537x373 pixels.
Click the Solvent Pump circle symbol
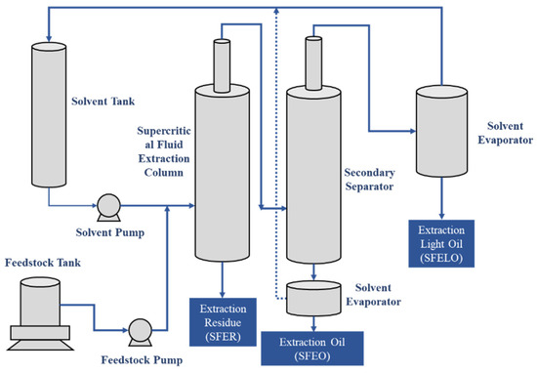tap(108, 205)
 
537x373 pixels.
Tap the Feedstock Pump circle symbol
tap(140, 330)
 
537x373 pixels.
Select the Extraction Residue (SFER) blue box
tap(223, 322)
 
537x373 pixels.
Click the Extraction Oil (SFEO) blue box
tap(312, 349)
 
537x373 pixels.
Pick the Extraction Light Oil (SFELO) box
tap(441, 243)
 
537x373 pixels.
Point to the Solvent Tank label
tap(103, 102)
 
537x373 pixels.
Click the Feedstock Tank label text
tap(43, 263)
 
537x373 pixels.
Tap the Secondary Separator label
tap(369, 180)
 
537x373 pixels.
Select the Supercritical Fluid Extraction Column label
tap(164, 151)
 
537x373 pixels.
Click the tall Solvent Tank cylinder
tap(49, 115)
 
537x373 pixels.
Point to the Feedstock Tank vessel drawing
tap(40, 313)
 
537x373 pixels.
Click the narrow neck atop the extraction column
tap(222, 65)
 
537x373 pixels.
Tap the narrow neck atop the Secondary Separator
tap(313, 63)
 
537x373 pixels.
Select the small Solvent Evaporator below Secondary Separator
tap(313, 299)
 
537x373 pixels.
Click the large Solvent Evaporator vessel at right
tap(441, 131)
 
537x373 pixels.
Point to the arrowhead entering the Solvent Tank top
tap(49, 38)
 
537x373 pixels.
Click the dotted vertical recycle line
tap(276, 153)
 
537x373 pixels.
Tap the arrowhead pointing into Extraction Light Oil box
tap(441, 216)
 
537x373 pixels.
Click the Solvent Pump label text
tap(110, 232)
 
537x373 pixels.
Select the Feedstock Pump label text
tap(142, 360)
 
